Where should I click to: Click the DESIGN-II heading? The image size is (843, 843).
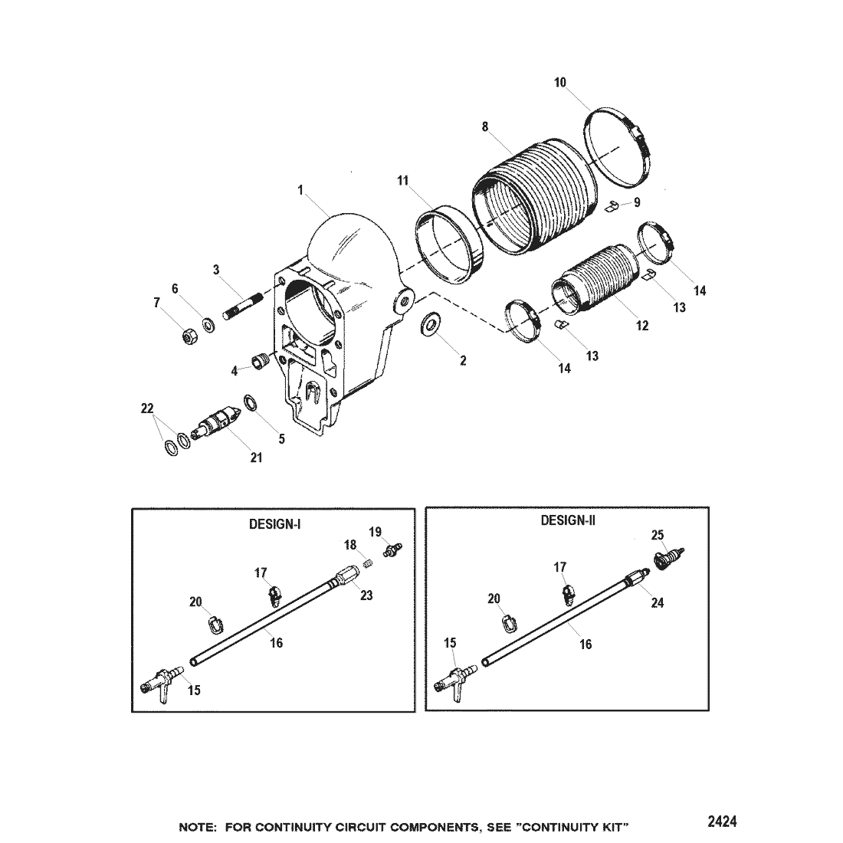568,520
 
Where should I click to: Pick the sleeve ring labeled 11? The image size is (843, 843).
451,243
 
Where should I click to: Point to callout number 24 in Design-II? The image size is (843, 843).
658,603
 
